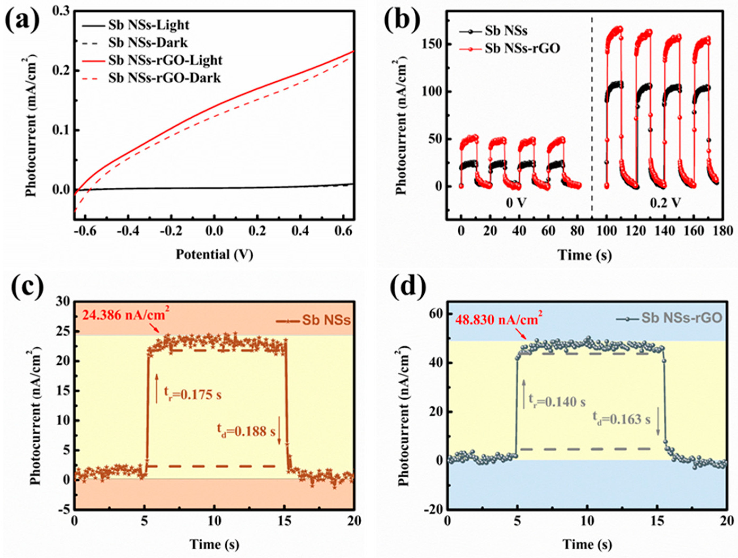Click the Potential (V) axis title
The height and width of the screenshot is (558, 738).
(x=215, y=255)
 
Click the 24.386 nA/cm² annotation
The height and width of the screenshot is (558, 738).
(x=123, y=315)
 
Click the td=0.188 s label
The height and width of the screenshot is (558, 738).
(x=244, y=432)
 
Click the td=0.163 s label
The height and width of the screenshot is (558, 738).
(x=621, y=419)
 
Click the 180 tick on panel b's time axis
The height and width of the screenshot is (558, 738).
(x=723, y=231)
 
